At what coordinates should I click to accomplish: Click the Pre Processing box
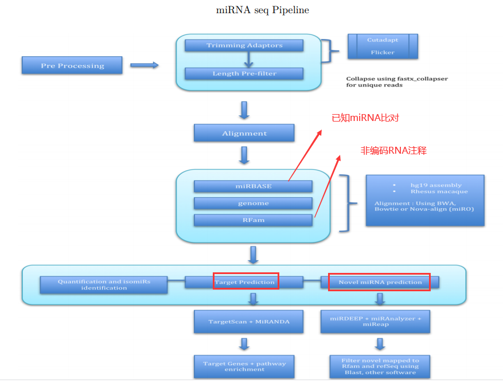(x=72, y=65)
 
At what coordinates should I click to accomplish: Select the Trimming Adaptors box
(x=244, y=45)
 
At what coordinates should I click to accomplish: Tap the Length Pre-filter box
(x=244, y=73)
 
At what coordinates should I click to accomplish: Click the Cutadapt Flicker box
(x=383, y=46)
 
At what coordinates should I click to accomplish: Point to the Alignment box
(x=244, y=133)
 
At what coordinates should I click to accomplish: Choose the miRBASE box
(x=253, y=186)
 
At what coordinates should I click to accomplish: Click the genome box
(x=253, y=203)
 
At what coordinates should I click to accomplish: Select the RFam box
(x=253, y=220)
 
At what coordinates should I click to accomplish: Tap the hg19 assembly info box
(x=424, y=200)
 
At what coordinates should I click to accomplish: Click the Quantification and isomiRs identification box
(x=104, y=285)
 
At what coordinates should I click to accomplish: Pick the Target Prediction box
(x=244, y=282)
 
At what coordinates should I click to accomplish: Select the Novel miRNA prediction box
(x=380, y=282)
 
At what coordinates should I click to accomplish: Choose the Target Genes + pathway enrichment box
(x=244, y=366)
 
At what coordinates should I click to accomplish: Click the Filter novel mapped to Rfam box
(x=380, y=366)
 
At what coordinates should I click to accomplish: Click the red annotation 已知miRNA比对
(x=365, y=118)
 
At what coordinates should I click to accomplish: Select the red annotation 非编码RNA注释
(x=393, y=150)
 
